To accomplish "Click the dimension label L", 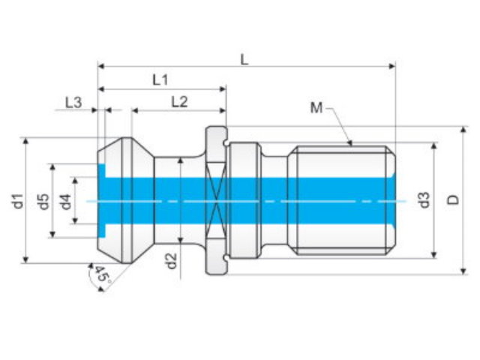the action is [244, 60].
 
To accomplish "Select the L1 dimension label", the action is [160, 80].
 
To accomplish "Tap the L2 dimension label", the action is [179, 102].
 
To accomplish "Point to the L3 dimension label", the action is [73, 103].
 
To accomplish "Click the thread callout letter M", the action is [316, 107].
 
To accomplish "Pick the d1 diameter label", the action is [19, 201].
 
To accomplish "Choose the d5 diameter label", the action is [44, 202].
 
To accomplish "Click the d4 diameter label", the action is [66, 202].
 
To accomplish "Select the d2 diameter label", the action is [172, 261].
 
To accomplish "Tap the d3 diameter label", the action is [424, 200].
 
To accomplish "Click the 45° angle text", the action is [103, 274].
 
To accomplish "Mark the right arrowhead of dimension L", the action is [391, 66].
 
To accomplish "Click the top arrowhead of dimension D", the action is [463, 130].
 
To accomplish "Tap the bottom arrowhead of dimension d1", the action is [25, 259].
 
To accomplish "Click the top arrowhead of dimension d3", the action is [433, 146].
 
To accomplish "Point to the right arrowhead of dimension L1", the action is [223, 89].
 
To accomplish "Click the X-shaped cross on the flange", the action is [216, 201].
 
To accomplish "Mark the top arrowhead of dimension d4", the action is [75, 181].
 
